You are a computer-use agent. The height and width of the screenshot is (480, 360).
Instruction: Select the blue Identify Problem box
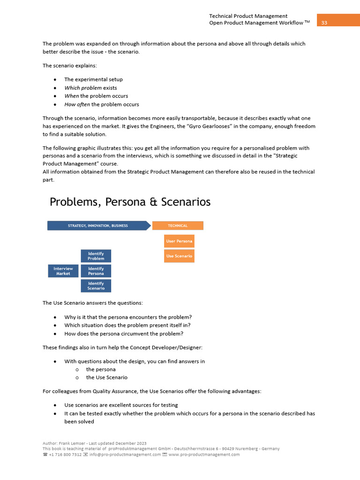coord(96,256)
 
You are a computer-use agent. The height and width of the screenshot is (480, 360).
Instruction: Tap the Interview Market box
coord(63,271)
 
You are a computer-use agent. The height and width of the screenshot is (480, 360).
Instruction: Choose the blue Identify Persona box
coord(96,271)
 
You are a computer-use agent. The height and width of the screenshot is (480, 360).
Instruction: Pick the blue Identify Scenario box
coord(96,286)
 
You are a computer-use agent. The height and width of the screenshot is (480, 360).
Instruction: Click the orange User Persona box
coord(179,241)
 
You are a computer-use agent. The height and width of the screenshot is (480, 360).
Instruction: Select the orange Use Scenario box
coord(179,256)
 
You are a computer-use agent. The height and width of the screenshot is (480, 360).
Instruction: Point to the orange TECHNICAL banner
coord(178,225)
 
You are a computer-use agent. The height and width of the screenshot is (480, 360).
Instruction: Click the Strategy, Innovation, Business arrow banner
coord(98,225)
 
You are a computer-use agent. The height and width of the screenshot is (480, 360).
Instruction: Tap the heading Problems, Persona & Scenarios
coord(130,202)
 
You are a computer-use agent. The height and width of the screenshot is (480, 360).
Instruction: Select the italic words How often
coord(77,105)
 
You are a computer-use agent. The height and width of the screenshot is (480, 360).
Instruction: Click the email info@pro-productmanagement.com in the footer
coord(119,454)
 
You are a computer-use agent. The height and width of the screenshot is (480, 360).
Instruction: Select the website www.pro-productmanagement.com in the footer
coord(204,454)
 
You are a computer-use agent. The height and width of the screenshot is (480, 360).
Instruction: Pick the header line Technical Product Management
coord(248,16)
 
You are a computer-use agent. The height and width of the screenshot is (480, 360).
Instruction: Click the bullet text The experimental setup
coord(93,79)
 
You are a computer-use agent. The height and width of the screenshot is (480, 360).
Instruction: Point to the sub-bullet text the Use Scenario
coord(106,377)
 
